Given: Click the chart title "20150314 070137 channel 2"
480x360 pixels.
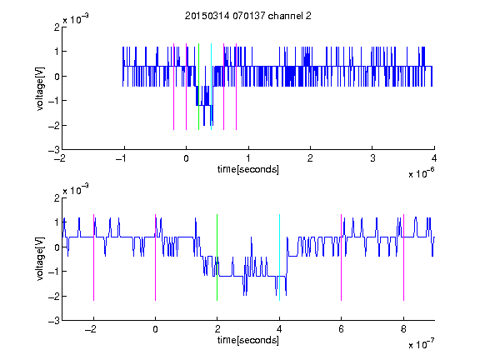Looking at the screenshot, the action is [x=248, y=16].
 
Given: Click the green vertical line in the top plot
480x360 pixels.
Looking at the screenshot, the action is [x=198, y=87].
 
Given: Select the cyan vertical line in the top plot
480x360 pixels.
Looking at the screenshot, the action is [x=211, y=87].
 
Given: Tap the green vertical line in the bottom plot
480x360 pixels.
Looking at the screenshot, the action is [x=217, y=257].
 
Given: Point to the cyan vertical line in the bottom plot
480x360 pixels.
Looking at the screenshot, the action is [x=279, y=257].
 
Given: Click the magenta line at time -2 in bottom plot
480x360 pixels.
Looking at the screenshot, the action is [x=93, y=257].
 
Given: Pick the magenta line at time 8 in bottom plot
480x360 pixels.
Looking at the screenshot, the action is [x=404, y=257].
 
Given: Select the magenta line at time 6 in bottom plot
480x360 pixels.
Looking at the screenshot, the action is [x=342, y=257].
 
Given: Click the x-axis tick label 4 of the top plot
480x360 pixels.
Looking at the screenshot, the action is [x=434, y=158].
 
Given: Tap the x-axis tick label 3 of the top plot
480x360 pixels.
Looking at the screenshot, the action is [x=372, y=158].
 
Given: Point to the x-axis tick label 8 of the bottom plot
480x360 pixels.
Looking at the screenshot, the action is [x=403, y=329].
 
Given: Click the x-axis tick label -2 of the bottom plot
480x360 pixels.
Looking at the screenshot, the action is [x=91, y=329].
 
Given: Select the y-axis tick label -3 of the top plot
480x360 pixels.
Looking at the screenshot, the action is [x=54, y=150].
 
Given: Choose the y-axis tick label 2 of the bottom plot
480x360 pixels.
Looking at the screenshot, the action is [x=57, y=198].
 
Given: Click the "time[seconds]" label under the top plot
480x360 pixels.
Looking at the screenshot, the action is [x=248, y=169].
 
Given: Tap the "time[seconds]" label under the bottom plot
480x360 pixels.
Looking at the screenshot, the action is [x=248, y=340].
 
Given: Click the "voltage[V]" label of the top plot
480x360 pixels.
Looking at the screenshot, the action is [x=40, y=88].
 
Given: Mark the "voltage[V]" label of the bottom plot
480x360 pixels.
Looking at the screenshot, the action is [x=40, y=259].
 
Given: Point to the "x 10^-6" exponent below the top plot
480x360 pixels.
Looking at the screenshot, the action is [x=422, y=173].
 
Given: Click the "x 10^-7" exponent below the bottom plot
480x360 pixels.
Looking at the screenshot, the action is [x=422, y=344].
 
